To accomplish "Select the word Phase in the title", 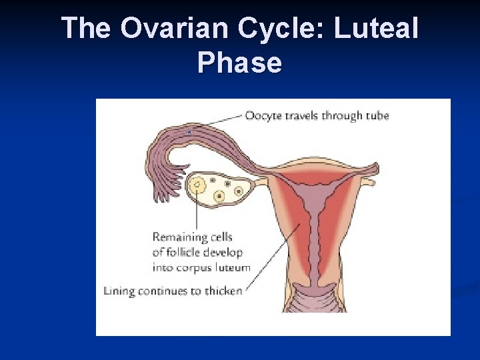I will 239,63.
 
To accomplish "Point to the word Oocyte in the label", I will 263,115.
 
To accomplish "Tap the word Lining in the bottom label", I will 119,291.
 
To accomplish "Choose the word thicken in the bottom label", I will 221,291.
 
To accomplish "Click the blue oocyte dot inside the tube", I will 189,133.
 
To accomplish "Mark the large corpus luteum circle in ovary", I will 197,185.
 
